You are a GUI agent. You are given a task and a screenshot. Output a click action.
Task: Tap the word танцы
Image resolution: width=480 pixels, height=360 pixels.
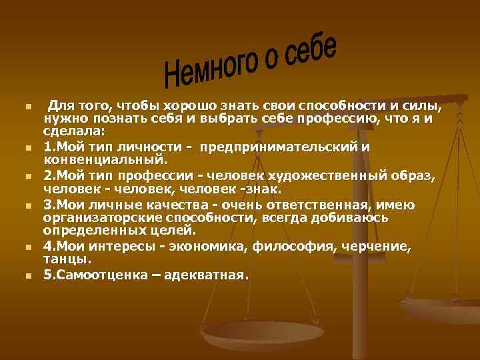click(67, 260)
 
